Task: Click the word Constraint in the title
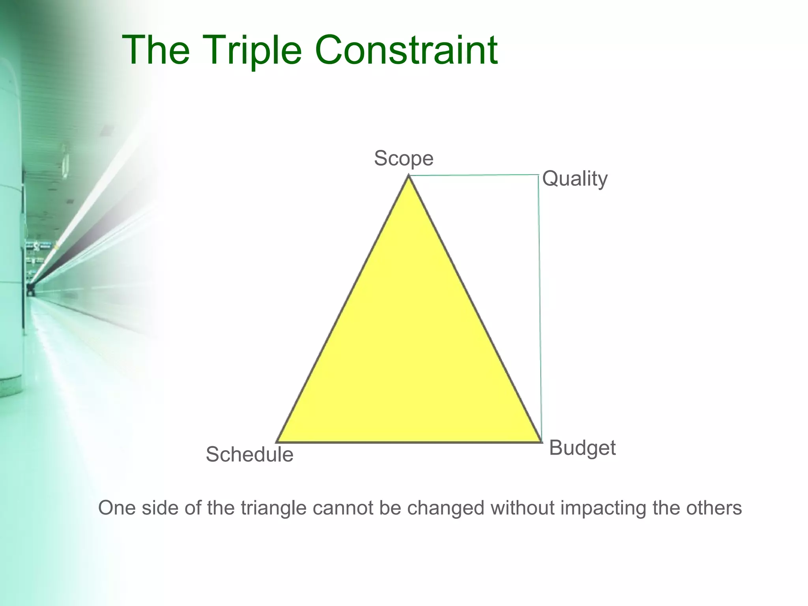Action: pyautogui.click(x=406, y=50)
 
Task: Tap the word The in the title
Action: pyautogui.click(x=156, y=50)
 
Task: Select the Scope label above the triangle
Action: pyautogui.click(x=404, y=159)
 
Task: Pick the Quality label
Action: pyautogui.click(x=574, y=179)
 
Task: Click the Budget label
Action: pyautogui.click(x=582, y=448)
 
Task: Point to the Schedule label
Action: pyautogui.click(x=249, y=454)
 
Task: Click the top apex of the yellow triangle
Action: pyautogui.click(x=409, y=177)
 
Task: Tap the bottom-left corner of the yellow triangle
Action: pyautogui.click(x=277, y=441)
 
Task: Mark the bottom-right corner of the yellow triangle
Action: pyautogui.click(x=541, y=441)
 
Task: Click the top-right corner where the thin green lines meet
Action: pyautogui.click(x=539, y=175)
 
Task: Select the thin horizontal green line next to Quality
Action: pyautogui.click(x=473, y=175)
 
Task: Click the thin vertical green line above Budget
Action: pyautogui.click(x=540, y=308)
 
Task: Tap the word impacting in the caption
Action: pyautogui.click(x=604, y=508)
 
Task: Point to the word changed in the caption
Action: pyautogui.click(x=445, y=508)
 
